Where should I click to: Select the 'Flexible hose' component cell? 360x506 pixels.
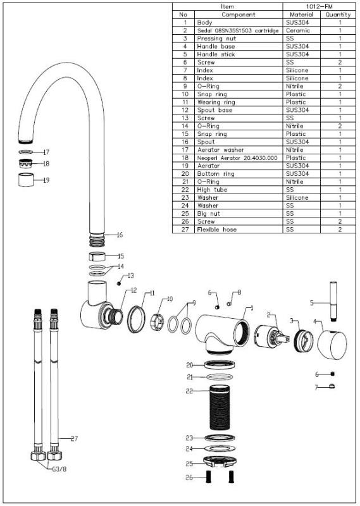[x=216, y=230]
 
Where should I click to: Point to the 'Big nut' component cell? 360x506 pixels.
[x=209, y=214]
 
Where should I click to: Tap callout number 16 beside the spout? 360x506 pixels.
[x=119, y=235]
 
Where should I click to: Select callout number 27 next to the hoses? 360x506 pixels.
[x=73, y=438]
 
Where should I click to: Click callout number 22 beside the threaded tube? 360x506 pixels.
[x=189, y=391]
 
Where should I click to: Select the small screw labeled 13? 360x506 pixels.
[x=118, y=283]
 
